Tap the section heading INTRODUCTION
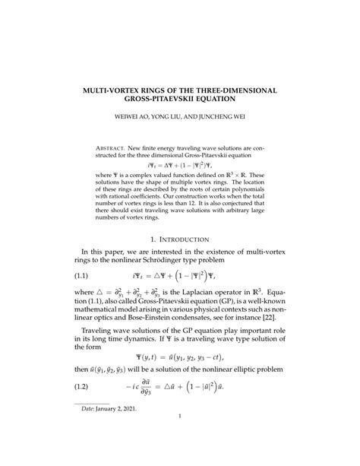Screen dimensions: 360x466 pyautogui.click(x=186, y=238)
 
